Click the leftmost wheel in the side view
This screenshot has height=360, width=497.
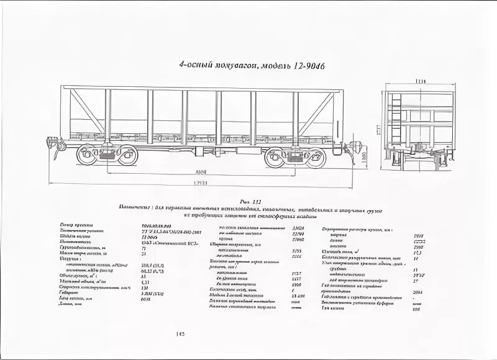(x=88, y=155)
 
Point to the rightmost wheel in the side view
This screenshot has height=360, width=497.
(x=316, y=157)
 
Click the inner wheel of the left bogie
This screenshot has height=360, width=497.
(x=127, y=155)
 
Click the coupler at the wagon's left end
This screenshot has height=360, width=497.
(x=57, y=146)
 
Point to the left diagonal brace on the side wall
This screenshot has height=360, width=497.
(x=87, y=110)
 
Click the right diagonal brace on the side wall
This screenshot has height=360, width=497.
(x=317, y=112)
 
